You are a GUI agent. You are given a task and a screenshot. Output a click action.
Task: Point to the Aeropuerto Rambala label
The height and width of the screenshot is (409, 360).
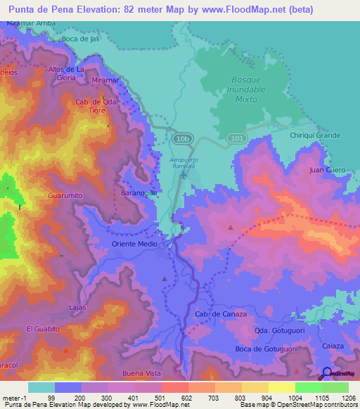point(184,164)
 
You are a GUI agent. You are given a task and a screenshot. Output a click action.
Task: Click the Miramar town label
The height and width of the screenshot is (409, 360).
point(105,81)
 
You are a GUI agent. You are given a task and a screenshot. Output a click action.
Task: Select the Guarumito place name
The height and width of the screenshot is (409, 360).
point(65,195)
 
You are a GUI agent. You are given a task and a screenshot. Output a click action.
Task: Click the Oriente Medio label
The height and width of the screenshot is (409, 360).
point(134,244)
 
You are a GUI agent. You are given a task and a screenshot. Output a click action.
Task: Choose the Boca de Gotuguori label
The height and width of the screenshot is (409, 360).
point(265,349)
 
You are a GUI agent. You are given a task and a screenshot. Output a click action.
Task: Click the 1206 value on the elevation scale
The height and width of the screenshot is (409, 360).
point(349,398)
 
